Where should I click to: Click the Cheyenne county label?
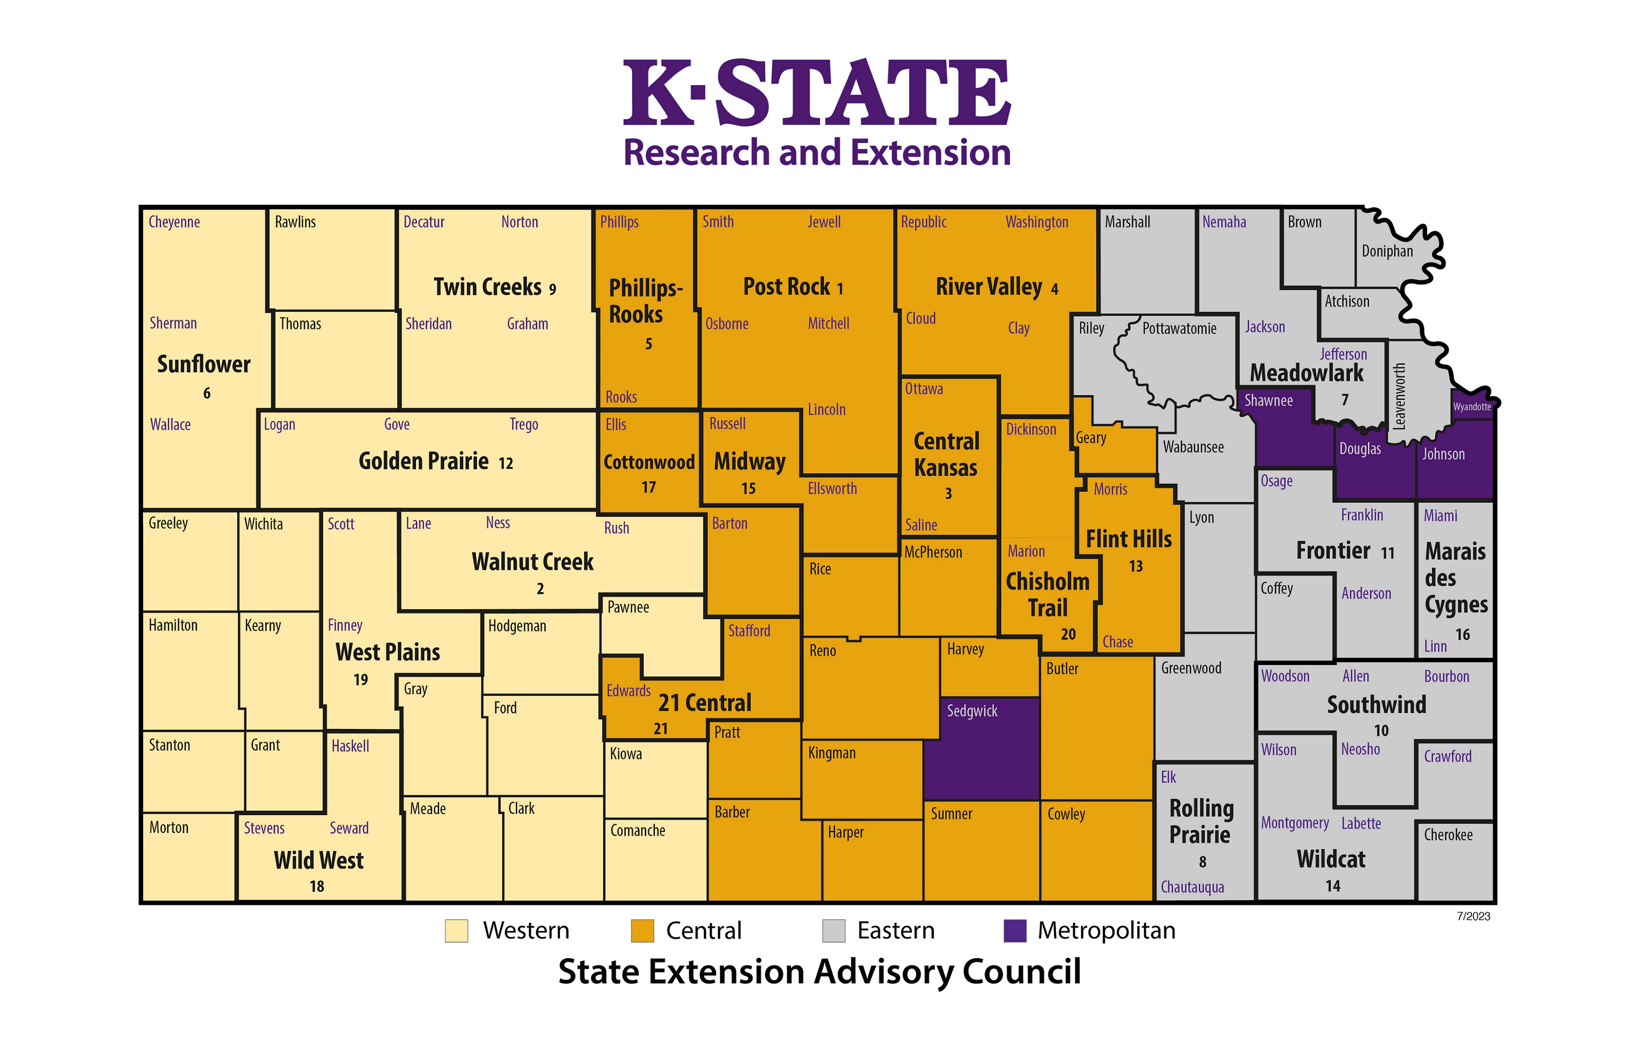[174, 222]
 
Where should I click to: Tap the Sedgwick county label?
[971, 711]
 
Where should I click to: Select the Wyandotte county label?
[1472, 407]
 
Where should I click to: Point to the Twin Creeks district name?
[487, 287]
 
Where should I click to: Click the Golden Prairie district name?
[423, 461]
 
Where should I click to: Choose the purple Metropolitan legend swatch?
[1015, 931]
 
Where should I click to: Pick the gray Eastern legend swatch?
[834, 931]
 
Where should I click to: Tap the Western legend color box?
[456, 931]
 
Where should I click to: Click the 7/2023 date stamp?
[1473, 916]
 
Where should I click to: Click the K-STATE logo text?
[816, 93]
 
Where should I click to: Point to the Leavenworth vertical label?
[1399, 397]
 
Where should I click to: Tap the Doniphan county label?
[1387, 252]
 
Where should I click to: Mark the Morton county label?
[169, 827]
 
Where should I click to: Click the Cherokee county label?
[1448, 835]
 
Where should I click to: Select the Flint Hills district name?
[1129, 539]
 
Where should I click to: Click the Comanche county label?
[637, 831]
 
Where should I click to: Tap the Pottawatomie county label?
[1179, 329]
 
